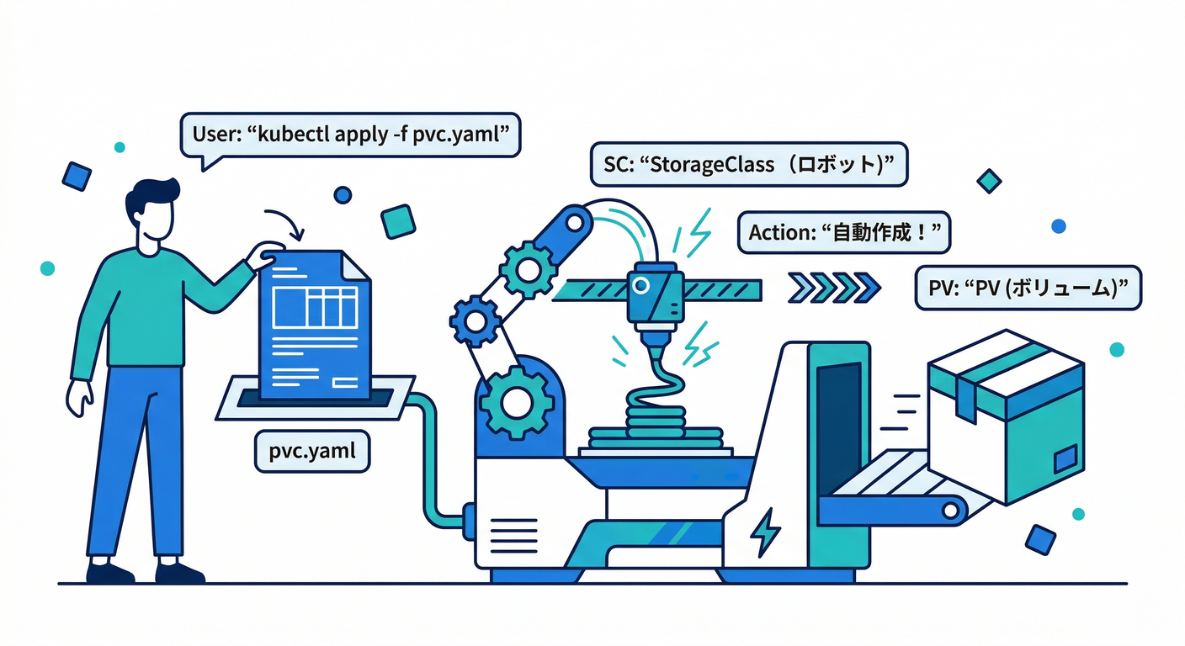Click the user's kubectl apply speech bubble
click(352, 135)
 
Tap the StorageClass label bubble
click(749, 164)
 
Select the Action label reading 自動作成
click(843, 231)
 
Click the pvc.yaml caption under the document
click(311, 452)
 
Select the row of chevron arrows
click(834, 289)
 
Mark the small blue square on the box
click(1065, 458)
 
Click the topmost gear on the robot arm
click(527, 268)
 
